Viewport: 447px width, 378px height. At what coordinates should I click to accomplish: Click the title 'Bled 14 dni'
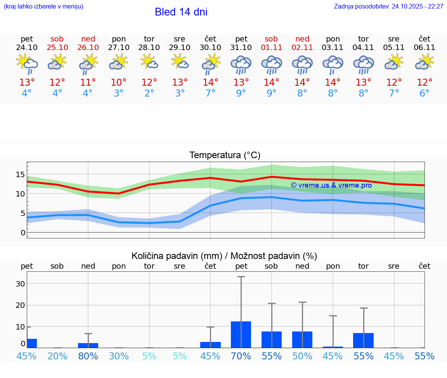coord(181,12)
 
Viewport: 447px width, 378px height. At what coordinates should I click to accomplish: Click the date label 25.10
coord(57,47)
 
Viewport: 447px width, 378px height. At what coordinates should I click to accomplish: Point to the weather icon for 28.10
coord(149,62)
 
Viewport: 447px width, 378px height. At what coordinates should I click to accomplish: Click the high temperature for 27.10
coord(119,83)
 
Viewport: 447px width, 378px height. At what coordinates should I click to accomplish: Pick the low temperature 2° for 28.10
coord(149,93)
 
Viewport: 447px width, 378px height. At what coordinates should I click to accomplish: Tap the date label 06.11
coord(424,47)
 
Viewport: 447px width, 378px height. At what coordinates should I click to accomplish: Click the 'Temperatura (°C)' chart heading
coord(225,155)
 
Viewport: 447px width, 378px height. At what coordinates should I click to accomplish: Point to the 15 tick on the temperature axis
coord(20,174)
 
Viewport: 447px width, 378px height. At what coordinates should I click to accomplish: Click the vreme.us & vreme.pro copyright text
coord(331,185)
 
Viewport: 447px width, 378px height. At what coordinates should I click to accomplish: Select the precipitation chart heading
coord(224,256)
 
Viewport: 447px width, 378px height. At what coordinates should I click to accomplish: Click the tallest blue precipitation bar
coord(241,334)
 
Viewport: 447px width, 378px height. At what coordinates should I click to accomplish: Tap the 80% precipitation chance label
coord(88,356)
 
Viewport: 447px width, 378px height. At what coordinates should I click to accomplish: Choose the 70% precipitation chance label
coord(241,356)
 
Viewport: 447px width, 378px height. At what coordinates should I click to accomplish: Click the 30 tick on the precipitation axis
coord(20,284)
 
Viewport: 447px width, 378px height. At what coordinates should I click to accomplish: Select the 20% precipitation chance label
coord(57,356)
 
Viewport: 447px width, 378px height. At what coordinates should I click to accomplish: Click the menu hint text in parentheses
coord(43,6)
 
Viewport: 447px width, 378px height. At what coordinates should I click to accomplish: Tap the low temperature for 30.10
coord(210,93)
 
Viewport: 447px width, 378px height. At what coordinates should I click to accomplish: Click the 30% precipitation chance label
coord(119,356)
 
